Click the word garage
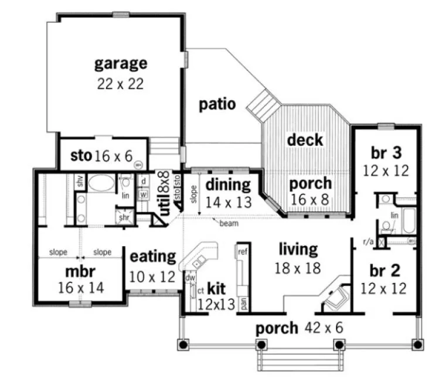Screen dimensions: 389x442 pos(121,63)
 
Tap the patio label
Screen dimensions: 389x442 pos(217,105)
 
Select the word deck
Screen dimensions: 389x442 pos(305,140)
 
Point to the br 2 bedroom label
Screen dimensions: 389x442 pos(385,271)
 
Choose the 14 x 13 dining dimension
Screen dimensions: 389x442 pos(228,203)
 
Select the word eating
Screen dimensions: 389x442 pos(152,257)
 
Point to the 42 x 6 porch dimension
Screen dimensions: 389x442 pos(324,328)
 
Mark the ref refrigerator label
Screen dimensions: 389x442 pos(241,251)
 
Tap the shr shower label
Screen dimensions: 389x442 pos(124,217)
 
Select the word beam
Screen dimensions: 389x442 pos(229,223)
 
